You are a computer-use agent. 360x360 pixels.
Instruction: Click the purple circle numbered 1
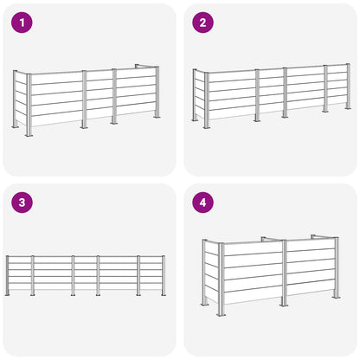[x=22, y=22]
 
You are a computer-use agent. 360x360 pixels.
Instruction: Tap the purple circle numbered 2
[x=203, y=22]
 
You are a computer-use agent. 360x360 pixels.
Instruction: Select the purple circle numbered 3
[x=22, y=202]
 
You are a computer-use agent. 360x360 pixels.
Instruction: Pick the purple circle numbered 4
[x=203, y=202]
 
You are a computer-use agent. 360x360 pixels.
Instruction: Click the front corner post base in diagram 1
[x=29, y=135]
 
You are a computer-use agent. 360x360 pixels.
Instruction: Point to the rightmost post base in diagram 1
[x=157, y=117]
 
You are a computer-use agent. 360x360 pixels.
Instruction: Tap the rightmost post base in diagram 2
[x=348, y=108]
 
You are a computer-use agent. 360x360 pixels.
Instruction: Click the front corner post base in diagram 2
[x=206, y=127]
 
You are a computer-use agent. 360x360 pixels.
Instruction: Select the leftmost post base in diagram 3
[x=7, y=294]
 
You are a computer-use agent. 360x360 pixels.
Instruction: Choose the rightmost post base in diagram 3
[x=164, y=294]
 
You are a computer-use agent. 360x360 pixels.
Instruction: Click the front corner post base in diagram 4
[x=222, y=314]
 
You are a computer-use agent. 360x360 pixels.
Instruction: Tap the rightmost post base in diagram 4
[x=336, y=297]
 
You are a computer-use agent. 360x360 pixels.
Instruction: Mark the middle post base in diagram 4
[x=284, y=304]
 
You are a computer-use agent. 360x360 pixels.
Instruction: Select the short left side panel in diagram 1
[x=21, y=100]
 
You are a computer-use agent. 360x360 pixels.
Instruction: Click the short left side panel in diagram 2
[x=200, y=94]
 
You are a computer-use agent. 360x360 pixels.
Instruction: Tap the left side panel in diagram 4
[x=211, y=273]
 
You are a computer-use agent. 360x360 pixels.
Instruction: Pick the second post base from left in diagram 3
[x=33, y=294]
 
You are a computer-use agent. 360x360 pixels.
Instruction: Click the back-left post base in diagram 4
[x=204, y=305]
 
